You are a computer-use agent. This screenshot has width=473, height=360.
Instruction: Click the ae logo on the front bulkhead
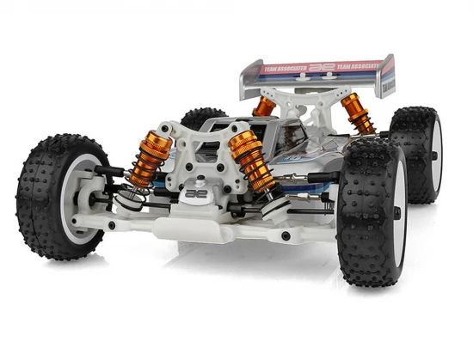195,194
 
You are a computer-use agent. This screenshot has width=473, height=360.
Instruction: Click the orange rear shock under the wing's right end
358,113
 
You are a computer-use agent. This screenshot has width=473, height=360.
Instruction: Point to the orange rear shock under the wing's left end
264,107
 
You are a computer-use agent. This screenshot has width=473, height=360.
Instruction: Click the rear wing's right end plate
387,72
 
